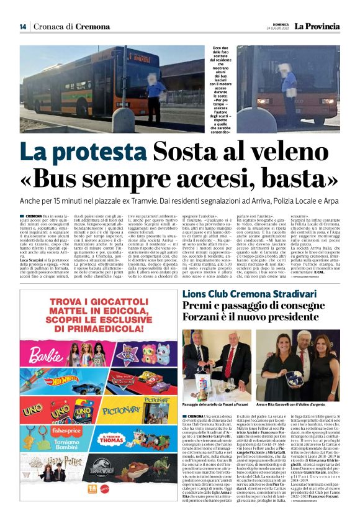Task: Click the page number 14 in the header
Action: click(x=22, y=27)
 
